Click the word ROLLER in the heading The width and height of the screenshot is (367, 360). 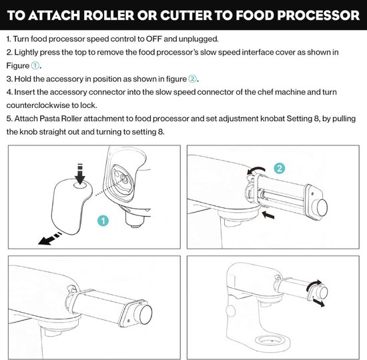tap(108, 15)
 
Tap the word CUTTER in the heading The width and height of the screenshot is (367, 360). tap(186, 15)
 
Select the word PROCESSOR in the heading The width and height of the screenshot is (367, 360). tap(318, 15)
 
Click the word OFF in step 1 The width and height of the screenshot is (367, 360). tap(153, 39)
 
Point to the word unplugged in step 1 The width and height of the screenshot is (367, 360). tap(198, 39)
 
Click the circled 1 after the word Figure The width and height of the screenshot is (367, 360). tap(35, 65)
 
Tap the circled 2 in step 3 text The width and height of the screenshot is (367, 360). tap(192, 79)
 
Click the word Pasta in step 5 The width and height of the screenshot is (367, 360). tap(49, 119)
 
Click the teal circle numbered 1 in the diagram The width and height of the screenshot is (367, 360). tap(103, 221)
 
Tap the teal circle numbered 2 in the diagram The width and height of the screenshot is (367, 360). tap(280, 168)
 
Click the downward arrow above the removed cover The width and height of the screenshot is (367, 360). tap(80, 174)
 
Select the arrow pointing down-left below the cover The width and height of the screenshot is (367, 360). tap(50, 239)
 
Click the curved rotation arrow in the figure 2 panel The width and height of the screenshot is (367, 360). tap(256, 170)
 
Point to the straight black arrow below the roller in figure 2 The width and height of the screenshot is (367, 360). tap(268, 215)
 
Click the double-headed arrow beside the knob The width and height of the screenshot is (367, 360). tap(319, 303)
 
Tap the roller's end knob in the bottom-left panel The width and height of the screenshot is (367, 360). tap(145, 314)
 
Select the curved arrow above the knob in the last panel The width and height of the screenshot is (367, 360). tap(314, 285)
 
